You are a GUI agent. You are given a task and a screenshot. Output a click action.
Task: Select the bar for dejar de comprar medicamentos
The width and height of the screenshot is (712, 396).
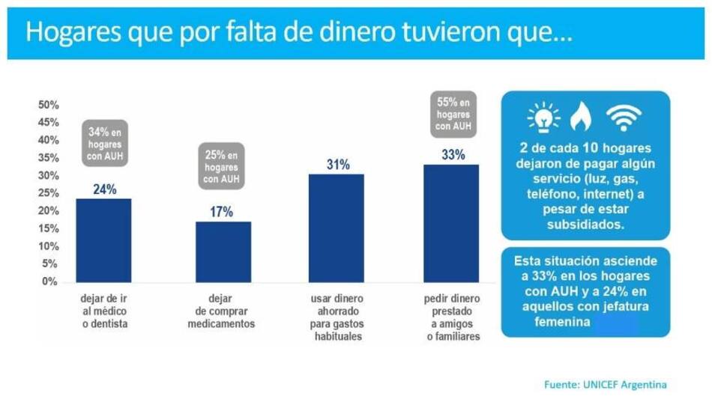[223, 252]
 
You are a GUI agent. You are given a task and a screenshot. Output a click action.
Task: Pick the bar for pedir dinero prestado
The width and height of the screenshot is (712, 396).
[452, 223]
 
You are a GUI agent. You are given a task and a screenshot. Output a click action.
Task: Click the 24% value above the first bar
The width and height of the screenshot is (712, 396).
[104, 189]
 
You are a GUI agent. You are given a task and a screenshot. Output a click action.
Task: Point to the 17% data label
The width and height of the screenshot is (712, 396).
[221, 212]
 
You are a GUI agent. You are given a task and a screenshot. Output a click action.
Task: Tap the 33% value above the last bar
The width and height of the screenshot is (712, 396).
[453, 155]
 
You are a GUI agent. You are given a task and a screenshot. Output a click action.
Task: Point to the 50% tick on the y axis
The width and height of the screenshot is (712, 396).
[48, 104]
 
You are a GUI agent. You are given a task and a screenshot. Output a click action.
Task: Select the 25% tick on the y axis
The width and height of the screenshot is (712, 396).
[48, 193]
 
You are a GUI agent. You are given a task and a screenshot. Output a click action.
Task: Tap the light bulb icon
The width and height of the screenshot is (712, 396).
[543, 118]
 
